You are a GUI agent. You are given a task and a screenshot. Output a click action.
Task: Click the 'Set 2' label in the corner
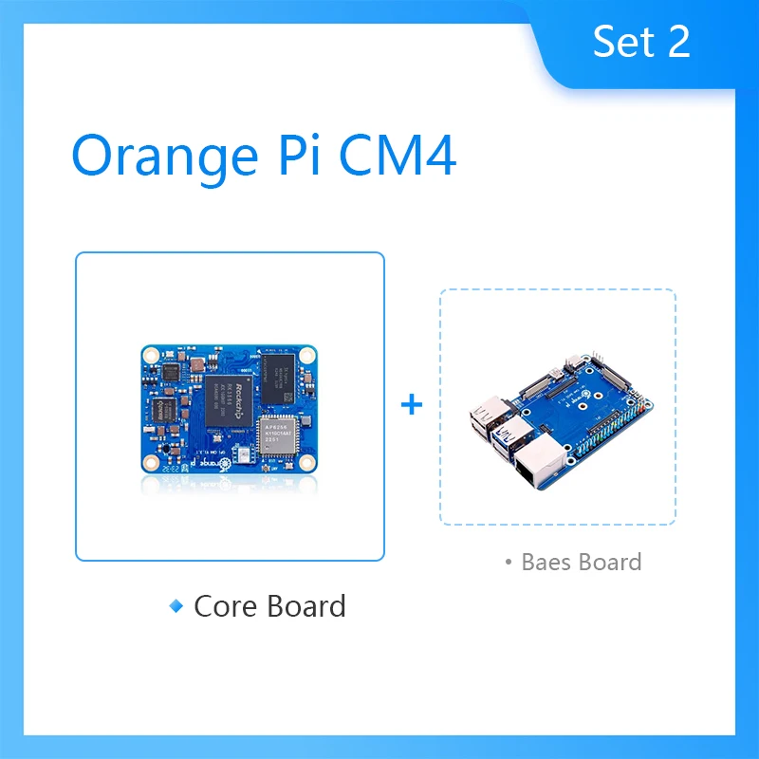point(641,43)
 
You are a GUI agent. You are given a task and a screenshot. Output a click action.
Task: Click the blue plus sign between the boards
point(412,405)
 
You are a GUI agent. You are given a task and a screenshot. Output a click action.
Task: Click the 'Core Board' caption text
point(269,606)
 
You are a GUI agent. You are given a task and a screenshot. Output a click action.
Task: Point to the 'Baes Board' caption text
point(582,562)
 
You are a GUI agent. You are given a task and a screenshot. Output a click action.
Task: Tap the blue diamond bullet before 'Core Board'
point(176,605)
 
